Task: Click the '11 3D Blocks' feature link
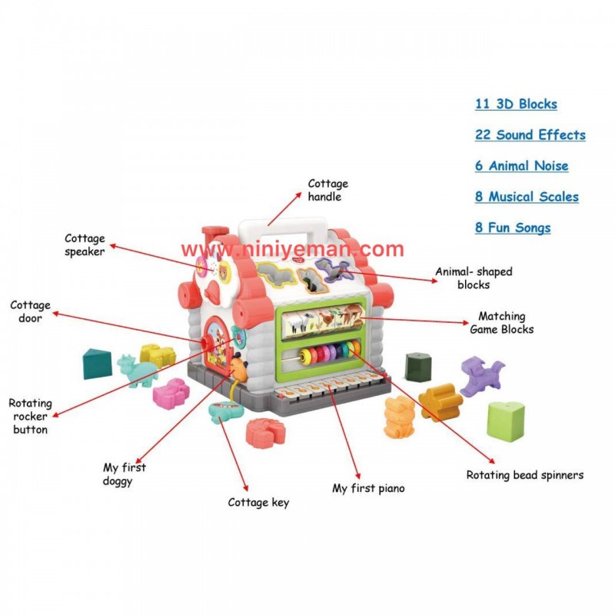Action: [516, 105]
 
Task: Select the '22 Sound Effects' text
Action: [530, 135]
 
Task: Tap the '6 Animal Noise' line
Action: [521, 166]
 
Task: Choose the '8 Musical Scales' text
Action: [527, 197]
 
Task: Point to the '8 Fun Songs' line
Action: [513, 228]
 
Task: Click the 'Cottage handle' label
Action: [327, 190]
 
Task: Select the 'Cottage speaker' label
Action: [85, 245]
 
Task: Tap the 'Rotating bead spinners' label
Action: [524, 475]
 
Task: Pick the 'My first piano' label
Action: [368, 488]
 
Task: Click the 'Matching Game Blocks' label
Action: [501, 322]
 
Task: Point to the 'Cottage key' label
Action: [258, 503]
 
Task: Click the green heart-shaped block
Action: [505, 419]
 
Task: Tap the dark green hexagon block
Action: [417, 365]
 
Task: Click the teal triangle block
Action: [97, 363]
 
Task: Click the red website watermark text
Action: [293, 249]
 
